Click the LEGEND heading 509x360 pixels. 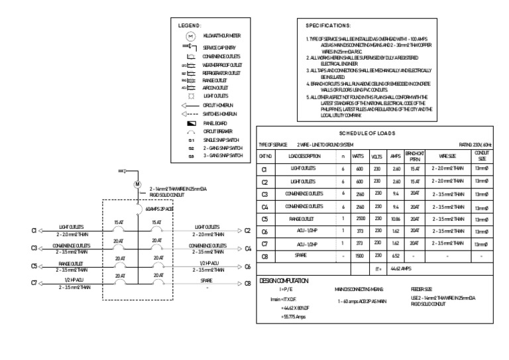point(190,25)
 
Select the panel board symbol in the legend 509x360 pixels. point(190,123)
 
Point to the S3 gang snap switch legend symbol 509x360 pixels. point(190,156)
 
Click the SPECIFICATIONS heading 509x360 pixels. point(329,25)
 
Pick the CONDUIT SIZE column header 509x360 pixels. point(482,156)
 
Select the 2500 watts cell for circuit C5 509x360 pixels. point(358,218)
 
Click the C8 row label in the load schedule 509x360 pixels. point(265,256)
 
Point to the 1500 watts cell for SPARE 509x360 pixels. point(358,256)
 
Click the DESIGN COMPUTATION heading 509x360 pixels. point(285,280)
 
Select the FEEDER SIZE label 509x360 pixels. point(422,290)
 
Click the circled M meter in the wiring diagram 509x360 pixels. point(138,184)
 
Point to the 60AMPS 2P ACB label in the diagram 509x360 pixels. point(159,209)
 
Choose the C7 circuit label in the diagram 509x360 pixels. point(34,283)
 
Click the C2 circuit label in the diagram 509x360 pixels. point(247,231)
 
